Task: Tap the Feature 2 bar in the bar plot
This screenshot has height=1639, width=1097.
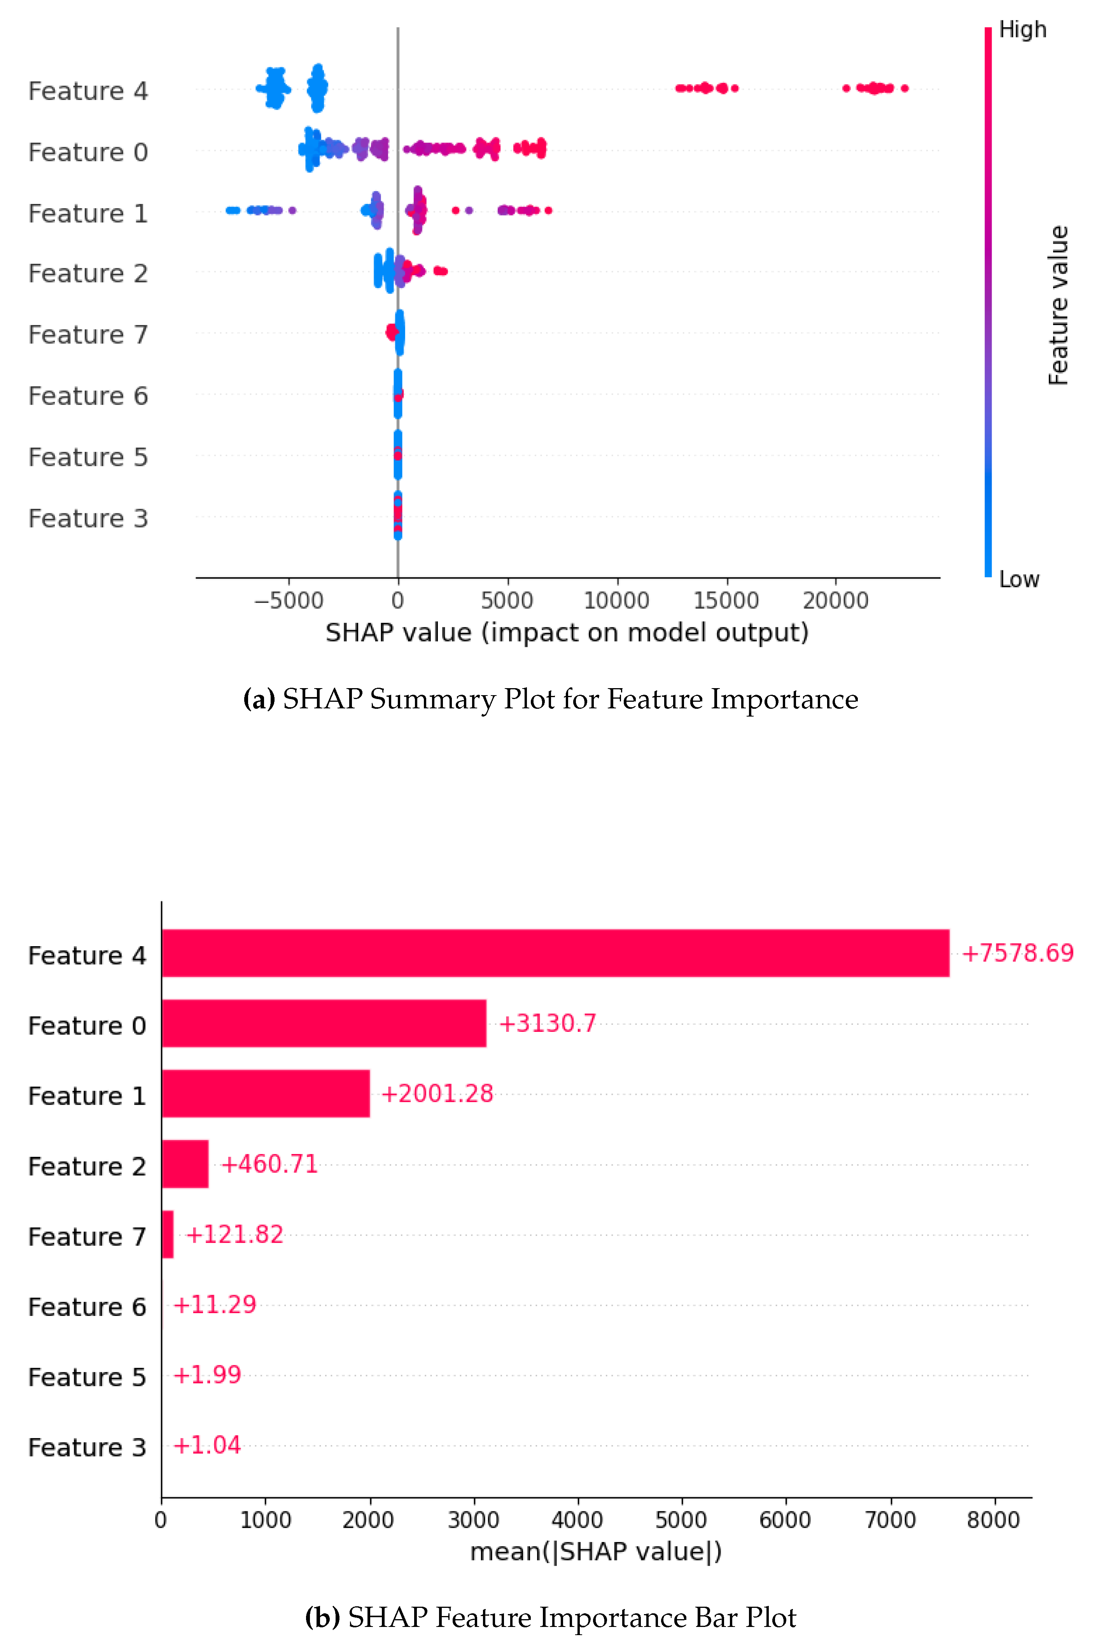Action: click(185, 1164)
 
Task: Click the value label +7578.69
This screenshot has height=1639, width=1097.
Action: click(1017, 953)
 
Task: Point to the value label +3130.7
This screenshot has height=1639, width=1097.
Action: click(547, 1024)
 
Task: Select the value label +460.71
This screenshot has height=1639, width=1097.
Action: click(269, 1164)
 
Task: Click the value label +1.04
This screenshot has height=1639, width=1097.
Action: click(207, 1445)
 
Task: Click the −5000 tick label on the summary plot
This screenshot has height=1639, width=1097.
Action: click(288, 600)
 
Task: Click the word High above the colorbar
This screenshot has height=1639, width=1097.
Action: click(1022, 30)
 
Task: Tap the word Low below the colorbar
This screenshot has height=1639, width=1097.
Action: click(1019, 579)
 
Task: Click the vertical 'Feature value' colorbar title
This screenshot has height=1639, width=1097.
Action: click(1059, 305)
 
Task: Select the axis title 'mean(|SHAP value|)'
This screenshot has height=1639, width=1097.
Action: click(595, 1551)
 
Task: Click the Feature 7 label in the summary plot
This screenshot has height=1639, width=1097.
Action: click(88, 335)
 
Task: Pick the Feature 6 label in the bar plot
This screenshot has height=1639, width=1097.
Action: click(87, 1307)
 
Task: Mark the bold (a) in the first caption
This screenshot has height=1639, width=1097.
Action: click(259, 699)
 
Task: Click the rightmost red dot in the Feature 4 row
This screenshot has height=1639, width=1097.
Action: click(905, 88)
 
